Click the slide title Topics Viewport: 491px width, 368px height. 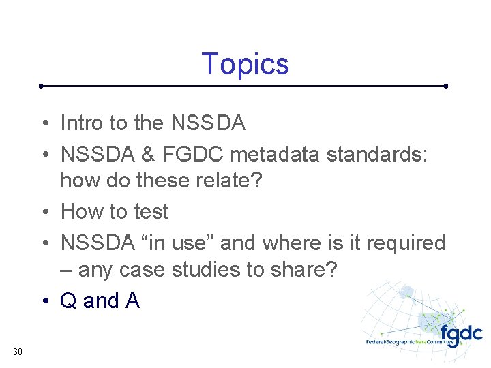click(x=245, y=64)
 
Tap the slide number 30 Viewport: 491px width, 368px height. click(x=18, y=352)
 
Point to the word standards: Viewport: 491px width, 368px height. click(x=377, y=154)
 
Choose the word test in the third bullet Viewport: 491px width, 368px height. click(x=151, y=212)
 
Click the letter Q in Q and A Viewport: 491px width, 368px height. click(x=69, y=301)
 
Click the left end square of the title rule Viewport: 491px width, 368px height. click(x=41, y=87)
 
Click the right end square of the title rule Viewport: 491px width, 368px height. click(x=445, y=87)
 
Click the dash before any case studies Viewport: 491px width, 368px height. click(x=67, y=271)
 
